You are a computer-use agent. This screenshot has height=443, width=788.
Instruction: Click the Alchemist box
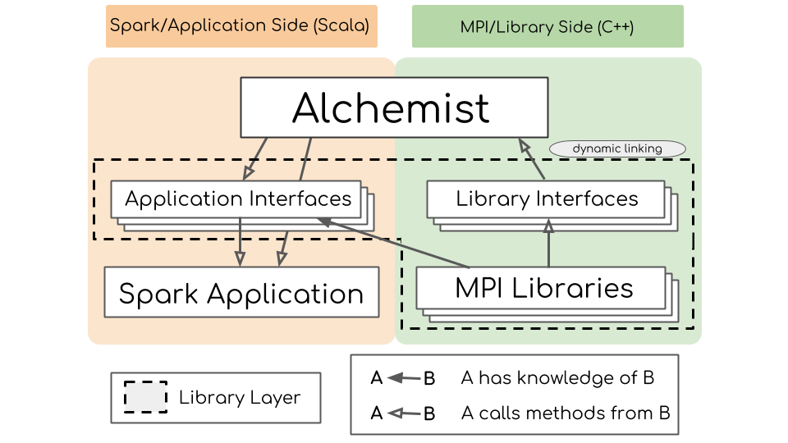pyautogui.click(x=393, y=107)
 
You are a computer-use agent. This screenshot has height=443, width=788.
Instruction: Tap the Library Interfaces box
pyautogui.click(x=546, y=199)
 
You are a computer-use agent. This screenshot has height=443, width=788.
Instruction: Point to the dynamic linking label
pyautogui.click(x=617, y=148)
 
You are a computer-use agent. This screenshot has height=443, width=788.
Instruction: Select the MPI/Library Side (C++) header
pyautogui.click(x=547, y=26)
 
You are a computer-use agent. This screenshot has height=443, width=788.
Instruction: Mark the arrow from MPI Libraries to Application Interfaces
pyautogui.click(x=394, y=244)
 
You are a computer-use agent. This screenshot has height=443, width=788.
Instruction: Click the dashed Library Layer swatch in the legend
pyautogui.click(x=145, y=398)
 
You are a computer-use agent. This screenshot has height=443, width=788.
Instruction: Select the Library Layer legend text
pyautogui.click(x=240, y=399)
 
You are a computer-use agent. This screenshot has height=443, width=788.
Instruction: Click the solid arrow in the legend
pyautogui.click(x=403, y=378)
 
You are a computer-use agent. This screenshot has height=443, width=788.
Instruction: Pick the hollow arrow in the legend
pyautogui.click(x=403, y=413)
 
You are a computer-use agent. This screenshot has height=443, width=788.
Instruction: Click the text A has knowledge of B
pyautogui.click(x=557, y=378)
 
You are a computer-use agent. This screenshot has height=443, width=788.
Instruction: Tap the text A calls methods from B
pyautogui.click(x=566, y=413)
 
